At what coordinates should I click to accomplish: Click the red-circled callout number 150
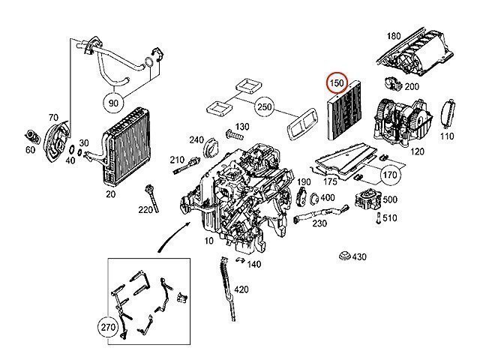tap(337, 83)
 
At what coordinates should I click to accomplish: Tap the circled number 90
tap(113, 103)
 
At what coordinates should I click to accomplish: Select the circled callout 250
tap(265, 106)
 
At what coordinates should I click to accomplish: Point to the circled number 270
tap(108, 327)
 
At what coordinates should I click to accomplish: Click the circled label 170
tap(390, 175)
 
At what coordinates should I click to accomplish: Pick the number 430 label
tap(359, 256)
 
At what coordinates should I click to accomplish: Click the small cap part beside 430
tap(345, 256)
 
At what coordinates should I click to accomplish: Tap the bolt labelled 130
tap(234, 134)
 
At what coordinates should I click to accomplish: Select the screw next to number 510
tap(379, 218)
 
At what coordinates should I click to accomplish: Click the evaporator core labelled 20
tap(125, 146)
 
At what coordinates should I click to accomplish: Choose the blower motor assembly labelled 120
tap(403, 121)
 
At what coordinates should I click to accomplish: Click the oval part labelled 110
tap(448, 113)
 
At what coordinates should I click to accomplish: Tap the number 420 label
tap(241, 289)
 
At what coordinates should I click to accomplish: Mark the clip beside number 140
tap(241, 260)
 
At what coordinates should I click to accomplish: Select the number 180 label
tap(394, 36)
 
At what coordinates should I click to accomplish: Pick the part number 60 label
tap(30, 150)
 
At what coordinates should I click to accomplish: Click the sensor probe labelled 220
tap(153, 198)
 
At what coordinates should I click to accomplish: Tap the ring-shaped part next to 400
tap(314, 199)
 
